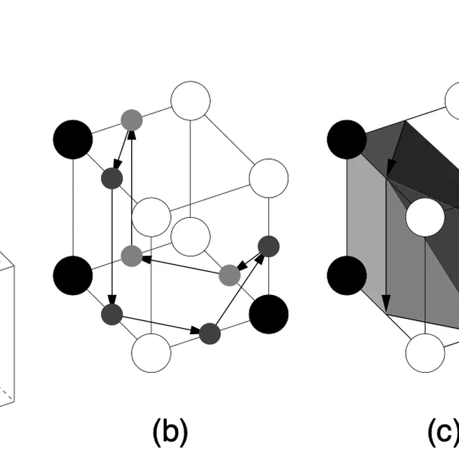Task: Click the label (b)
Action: click(x=170, y=432)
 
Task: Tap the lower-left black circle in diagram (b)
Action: click(x=73, y=274)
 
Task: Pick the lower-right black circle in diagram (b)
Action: click(x=268, y=313)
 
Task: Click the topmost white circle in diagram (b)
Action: click(x=191, y=100)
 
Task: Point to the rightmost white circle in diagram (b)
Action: click(x=268, y=178)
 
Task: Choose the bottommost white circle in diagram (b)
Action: click(x=151, y=352)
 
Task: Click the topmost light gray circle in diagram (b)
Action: click(x=132, y=119)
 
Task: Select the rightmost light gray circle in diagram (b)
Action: click(x=229, y=275)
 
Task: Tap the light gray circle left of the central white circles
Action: click(x=132, y=256)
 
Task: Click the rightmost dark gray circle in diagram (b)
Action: click(x=268, y=245)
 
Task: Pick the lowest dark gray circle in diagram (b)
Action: click(x=210, y=333)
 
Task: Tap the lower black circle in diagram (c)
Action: click(x=346, y=274)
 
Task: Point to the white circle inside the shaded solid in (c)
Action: click(x=425, y=217)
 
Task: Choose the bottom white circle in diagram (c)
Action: click(x=425, y=352)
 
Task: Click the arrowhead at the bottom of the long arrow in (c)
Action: click(x=385, y=306)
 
